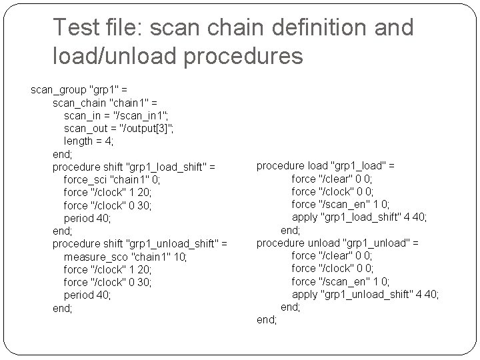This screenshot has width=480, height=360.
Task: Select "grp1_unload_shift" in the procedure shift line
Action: (x=175, y=244)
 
